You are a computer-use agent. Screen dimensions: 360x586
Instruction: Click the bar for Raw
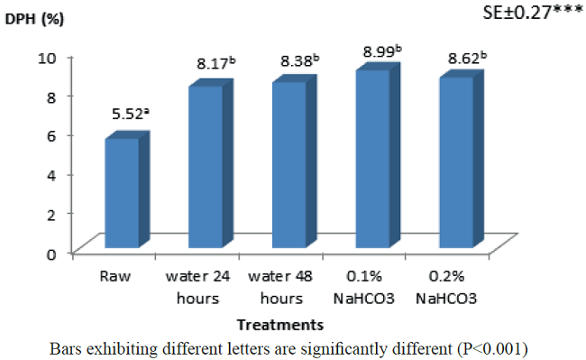point(123,193)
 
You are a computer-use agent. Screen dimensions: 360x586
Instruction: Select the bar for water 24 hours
point(206,167)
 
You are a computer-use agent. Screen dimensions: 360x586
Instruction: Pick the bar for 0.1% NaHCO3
point(372,159)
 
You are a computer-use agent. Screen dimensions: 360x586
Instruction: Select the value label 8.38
point(299,61)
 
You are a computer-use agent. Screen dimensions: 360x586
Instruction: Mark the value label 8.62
point(467,59)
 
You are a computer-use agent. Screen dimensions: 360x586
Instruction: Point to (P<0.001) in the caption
point(490,346)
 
